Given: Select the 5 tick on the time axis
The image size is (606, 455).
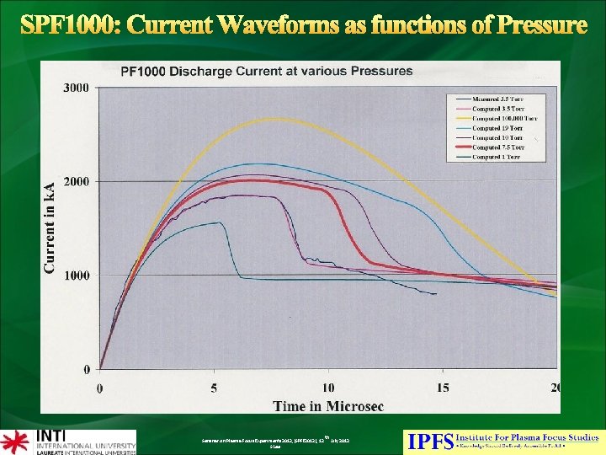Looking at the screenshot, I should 215,388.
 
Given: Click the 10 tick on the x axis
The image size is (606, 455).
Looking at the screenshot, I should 328,388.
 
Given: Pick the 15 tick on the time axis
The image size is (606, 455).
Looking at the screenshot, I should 443,388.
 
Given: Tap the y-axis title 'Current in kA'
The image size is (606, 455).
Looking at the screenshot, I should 50,227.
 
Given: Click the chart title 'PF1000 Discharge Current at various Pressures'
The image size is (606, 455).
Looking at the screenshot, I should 267,71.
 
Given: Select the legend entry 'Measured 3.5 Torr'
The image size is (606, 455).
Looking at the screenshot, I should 497,99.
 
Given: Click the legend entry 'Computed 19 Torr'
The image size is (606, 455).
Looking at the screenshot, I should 497,128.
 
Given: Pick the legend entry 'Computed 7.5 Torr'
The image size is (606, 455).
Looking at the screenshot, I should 499,147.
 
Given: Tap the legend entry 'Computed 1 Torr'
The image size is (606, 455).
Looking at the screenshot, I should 497,157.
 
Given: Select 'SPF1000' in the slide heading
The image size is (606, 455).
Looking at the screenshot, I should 70,25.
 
